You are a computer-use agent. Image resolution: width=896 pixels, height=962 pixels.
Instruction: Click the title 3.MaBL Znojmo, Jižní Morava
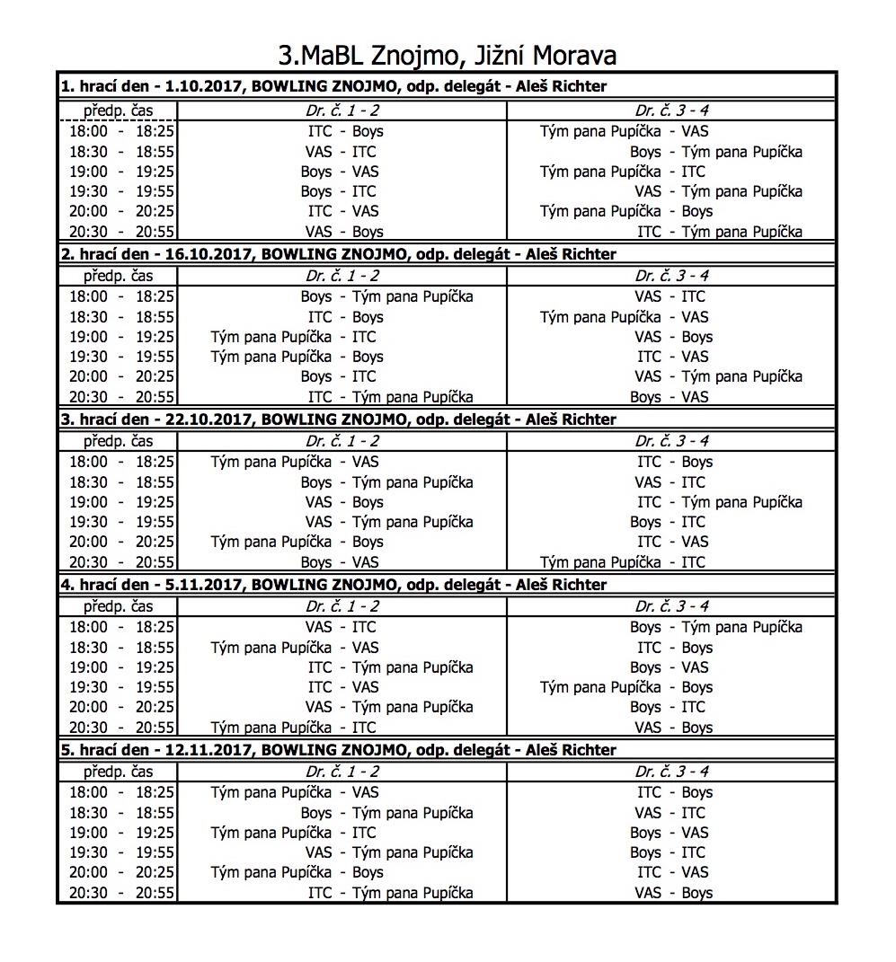pos(448,56)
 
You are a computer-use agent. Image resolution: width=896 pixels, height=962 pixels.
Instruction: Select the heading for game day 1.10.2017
pos(333,87)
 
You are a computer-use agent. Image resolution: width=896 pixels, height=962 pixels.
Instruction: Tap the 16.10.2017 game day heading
pos(338,254)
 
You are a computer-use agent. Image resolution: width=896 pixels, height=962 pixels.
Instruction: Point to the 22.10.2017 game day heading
pos(338,419)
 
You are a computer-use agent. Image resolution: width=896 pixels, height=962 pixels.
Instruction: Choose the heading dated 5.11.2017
pos(333,585)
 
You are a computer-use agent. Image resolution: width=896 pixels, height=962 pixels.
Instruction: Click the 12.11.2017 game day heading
pos(338,750)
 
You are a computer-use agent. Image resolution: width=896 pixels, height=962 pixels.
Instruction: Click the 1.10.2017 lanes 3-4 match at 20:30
pos(720,232)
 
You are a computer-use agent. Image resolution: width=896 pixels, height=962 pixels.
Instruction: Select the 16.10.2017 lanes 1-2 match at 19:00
pos(294,337)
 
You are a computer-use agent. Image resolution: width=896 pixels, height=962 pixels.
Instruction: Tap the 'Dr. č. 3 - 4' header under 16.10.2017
pos(672,276)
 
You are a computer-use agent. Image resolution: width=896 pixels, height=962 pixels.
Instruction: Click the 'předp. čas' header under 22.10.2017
pos(119,441)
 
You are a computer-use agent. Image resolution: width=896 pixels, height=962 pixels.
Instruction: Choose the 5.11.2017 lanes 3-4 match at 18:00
pos(716,627)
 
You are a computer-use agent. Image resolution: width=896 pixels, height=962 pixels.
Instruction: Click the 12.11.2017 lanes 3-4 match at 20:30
pos(673,893)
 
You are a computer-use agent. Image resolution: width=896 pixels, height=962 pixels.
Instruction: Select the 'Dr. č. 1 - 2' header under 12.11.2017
pos(342,772)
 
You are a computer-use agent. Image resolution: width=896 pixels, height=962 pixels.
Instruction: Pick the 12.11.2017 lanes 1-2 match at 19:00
pos(294,833)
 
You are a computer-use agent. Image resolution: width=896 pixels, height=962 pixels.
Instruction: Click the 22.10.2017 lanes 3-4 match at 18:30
pos(670,482)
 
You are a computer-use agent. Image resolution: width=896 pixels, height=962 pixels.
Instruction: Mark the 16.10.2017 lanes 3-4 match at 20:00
pos(718,376)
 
